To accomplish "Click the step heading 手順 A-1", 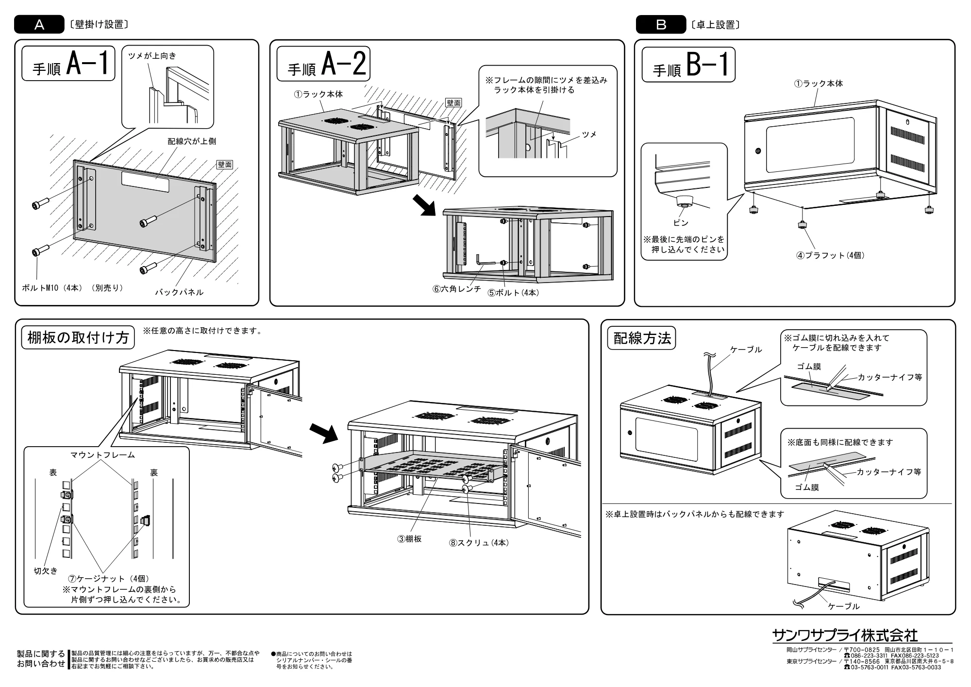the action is (x=68, y=64).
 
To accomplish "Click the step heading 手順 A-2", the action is (x=323, y=64).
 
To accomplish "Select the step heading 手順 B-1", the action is (x=688, y=65).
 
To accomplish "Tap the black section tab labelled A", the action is (x=39, y=24).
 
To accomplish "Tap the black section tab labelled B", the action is (x=661, y=24).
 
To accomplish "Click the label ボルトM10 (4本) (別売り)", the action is (x=72, y=288).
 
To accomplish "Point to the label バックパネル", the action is (x=179, y=292).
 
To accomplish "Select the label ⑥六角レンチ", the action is (x=457, y=289).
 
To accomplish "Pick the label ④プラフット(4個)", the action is (x=830, y=255).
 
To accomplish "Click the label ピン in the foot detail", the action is (x=681, y=223).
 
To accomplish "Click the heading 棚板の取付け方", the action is (x=78, y=338).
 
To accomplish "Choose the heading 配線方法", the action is (x=642, y=338).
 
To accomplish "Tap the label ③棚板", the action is (x=410, y=539).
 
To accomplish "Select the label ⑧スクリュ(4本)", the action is (x=479, y=543).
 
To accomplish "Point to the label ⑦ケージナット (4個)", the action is (x=109, y=579).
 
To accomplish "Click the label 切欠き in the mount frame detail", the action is (x=46, y=571).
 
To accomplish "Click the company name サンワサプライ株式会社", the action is (x=845, y=636).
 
